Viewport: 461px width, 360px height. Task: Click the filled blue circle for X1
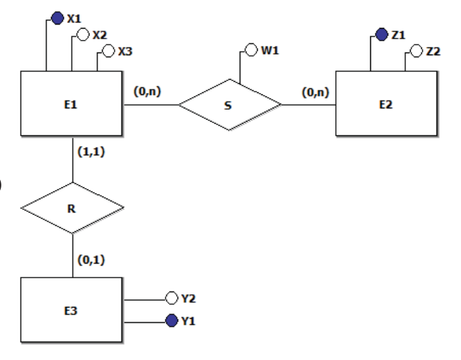click(57, 18)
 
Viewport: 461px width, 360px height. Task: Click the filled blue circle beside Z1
click(381, 35)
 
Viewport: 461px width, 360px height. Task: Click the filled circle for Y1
click(172, 321)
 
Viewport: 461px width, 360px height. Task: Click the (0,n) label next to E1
click(147, 91)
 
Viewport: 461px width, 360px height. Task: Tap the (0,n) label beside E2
click(316, 92)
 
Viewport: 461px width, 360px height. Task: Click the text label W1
click(270, 50)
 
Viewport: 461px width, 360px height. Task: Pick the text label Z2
click(433, 52)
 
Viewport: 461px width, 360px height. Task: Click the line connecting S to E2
click(309, 104)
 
